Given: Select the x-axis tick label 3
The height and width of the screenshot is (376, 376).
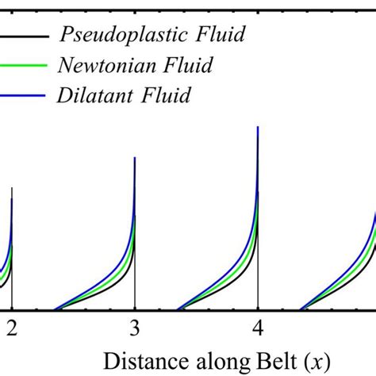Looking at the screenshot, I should tap(135, 327).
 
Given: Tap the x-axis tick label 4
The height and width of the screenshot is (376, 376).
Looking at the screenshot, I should tap(258, 327).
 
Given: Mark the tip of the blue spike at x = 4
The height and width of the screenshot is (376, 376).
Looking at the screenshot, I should tap(258, 127).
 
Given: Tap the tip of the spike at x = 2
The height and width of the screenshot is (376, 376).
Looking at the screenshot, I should tap(12, 188).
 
